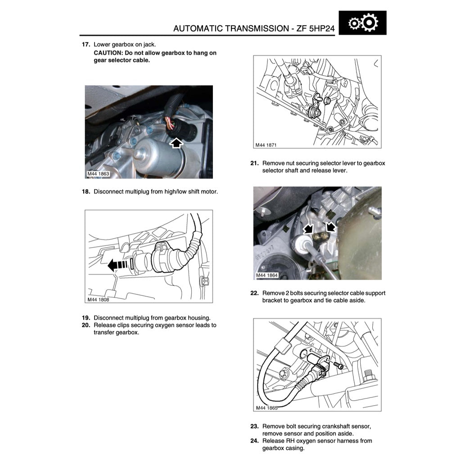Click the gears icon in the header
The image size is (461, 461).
click(x=363, y=23)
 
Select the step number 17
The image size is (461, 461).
click(x=86, y=45)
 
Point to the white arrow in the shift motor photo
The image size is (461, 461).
click(x=177, y=143)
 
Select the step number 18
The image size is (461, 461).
click(x=86, y=192)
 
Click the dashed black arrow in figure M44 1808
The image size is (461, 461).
click(x=118, y=265)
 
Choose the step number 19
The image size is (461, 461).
click(x=86, y=317)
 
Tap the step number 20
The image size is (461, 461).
click(x=86, y=325)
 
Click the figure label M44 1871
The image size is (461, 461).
click(x=266, y=145)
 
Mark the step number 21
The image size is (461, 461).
click(x=254, y=163)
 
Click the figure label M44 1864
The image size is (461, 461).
click(x=267, y=276)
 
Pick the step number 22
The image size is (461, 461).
click(x=254, y=293)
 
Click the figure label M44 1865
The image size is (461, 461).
click(x=266, y=408)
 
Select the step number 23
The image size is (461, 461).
click(x=254, y=426)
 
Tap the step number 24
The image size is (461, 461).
click(x=254, y=441)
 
